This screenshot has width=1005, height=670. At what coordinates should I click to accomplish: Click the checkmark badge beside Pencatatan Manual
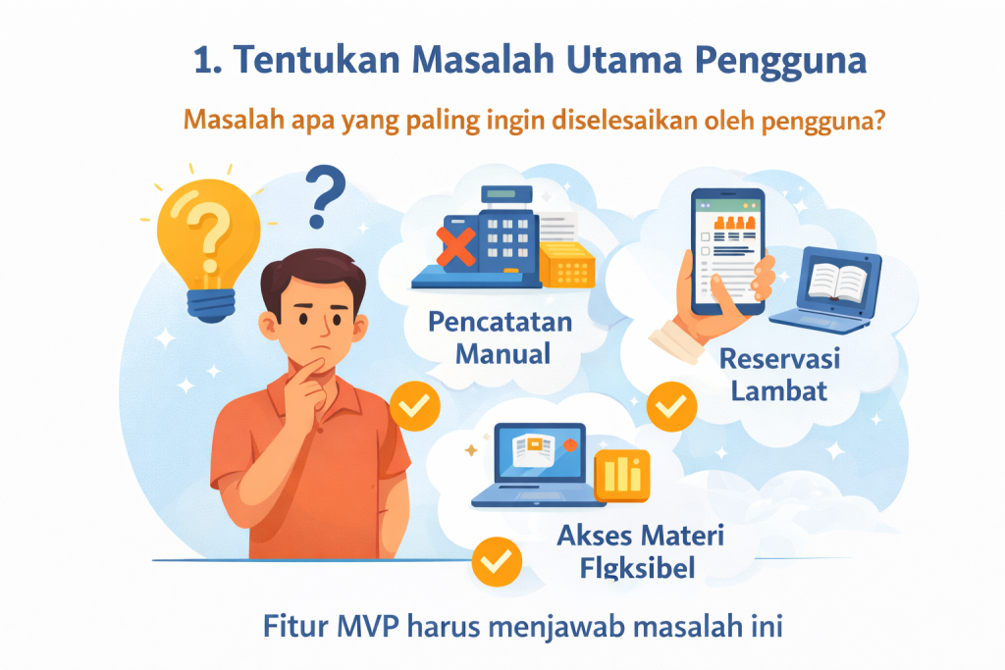point(412,405)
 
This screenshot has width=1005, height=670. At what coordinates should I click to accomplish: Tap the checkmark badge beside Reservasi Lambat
point(672,405)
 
